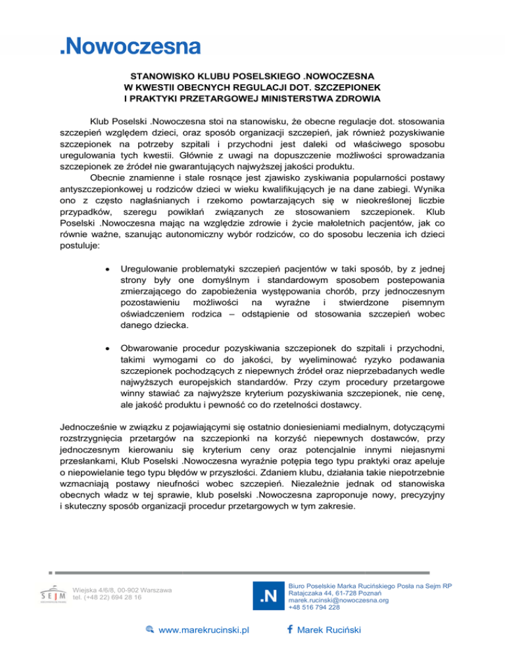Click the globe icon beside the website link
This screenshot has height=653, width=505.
click(149, 631)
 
